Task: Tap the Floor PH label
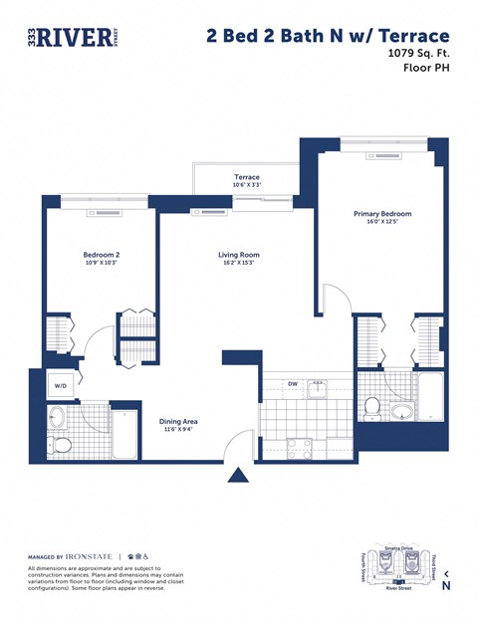tap(425, 70)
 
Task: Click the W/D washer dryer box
tap(60, 385)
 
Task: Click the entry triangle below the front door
tap(238, 475)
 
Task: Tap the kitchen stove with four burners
tap(299, 446)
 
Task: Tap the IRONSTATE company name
tap(89, 555)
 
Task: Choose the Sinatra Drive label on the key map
tap(398, 548)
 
